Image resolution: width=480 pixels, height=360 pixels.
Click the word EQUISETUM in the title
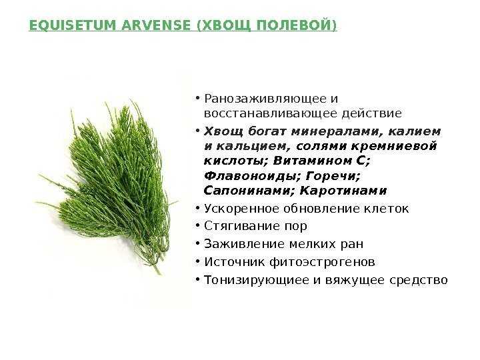[73, 25]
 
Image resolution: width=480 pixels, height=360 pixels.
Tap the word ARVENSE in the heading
[156, 25]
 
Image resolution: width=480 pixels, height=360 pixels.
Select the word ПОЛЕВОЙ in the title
[296, 25]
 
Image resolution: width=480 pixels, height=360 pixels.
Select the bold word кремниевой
[394, 146]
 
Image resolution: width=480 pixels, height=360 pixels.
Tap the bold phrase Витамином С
[321, 161]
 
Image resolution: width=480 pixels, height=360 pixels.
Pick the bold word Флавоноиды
[253, 176]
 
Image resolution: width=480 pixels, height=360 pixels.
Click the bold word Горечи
[333, 176]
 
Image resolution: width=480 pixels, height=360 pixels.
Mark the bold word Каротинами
[343, 191]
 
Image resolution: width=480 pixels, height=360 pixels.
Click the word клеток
[386, 209]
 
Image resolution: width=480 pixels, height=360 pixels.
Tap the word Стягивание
[242, 226]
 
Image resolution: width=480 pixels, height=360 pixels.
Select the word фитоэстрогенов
[322, 262]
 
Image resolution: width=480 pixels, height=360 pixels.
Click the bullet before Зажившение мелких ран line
[198, 244]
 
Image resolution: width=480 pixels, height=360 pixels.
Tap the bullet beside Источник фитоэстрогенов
[198, 262]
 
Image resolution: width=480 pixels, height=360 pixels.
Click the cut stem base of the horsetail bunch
[159, 271]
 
